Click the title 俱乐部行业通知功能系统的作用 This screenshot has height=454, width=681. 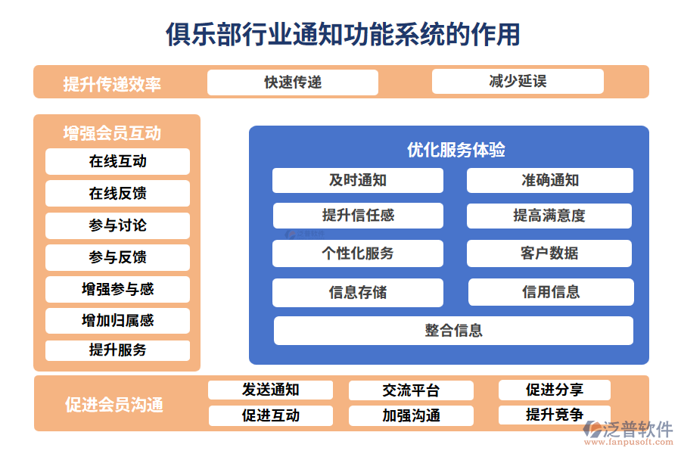tap(343, 34)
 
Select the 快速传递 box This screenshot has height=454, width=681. tap(292, 82)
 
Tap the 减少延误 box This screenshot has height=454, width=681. tap(518, 82)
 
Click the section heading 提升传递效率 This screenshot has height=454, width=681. tap(112, 83)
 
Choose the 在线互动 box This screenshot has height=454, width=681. tap(117, 161)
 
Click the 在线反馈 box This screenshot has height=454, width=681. tap(117, 194)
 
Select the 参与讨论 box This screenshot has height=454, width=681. tap(117, 225)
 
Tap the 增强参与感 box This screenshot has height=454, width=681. tap(117, 289)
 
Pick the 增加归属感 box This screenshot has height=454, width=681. tap(117, 321)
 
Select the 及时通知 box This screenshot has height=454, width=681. tap(357, 180)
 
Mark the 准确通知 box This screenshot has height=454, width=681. tap(550, 180)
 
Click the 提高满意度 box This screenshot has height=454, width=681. tap(549, 216)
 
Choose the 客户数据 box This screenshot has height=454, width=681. tap(549, 253)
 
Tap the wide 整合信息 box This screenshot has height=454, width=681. tap(453, 331)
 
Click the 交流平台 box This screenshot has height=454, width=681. tap(411, 390)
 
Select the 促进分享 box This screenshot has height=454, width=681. tap(554, 390)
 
